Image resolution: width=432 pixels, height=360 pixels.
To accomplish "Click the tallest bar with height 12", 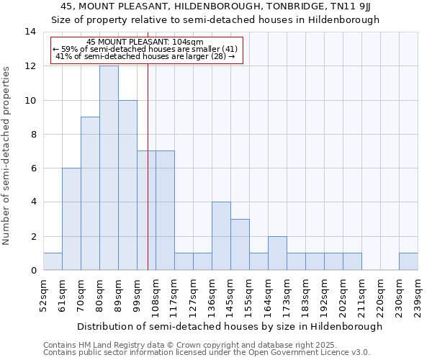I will [109, 168].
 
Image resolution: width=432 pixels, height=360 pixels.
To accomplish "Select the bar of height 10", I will [127, 185].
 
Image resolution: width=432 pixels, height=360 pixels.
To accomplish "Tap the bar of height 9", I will [90, 194].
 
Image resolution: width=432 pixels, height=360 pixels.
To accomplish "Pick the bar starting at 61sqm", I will [71, 219].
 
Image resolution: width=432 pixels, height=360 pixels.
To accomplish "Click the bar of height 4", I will [221, 236].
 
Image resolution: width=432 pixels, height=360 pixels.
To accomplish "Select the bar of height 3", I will [240, 245].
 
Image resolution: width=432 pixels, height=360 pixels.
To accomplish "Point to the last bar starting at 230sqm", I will [408, 261].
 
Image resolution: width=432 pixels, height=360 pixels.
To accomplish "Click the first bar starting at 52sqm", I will [53, 261].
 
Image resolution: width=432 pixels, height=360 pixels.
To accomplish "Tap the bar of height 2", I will [277, 253].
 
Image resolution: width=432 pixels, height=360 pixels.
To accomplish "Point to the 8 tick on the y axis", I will [32, 135].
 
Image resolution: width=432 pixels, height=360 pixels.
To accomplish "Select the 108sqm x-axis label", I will [155, 295].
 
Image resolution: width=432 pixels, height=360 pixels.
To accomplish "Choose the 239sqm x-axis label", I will [418, 295].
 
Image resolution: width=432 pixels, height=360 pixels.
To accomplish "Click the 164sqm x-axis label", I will [267, 295].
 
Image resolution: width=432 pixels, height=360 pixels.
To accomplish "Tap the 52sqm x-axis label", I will [43, 295].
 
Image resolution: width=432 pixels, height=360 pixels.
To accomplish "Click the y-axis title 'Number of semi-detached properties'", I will [7, 156].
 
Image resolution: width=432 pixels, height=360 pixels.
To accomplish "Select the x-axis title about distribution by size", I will [230, 326].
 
